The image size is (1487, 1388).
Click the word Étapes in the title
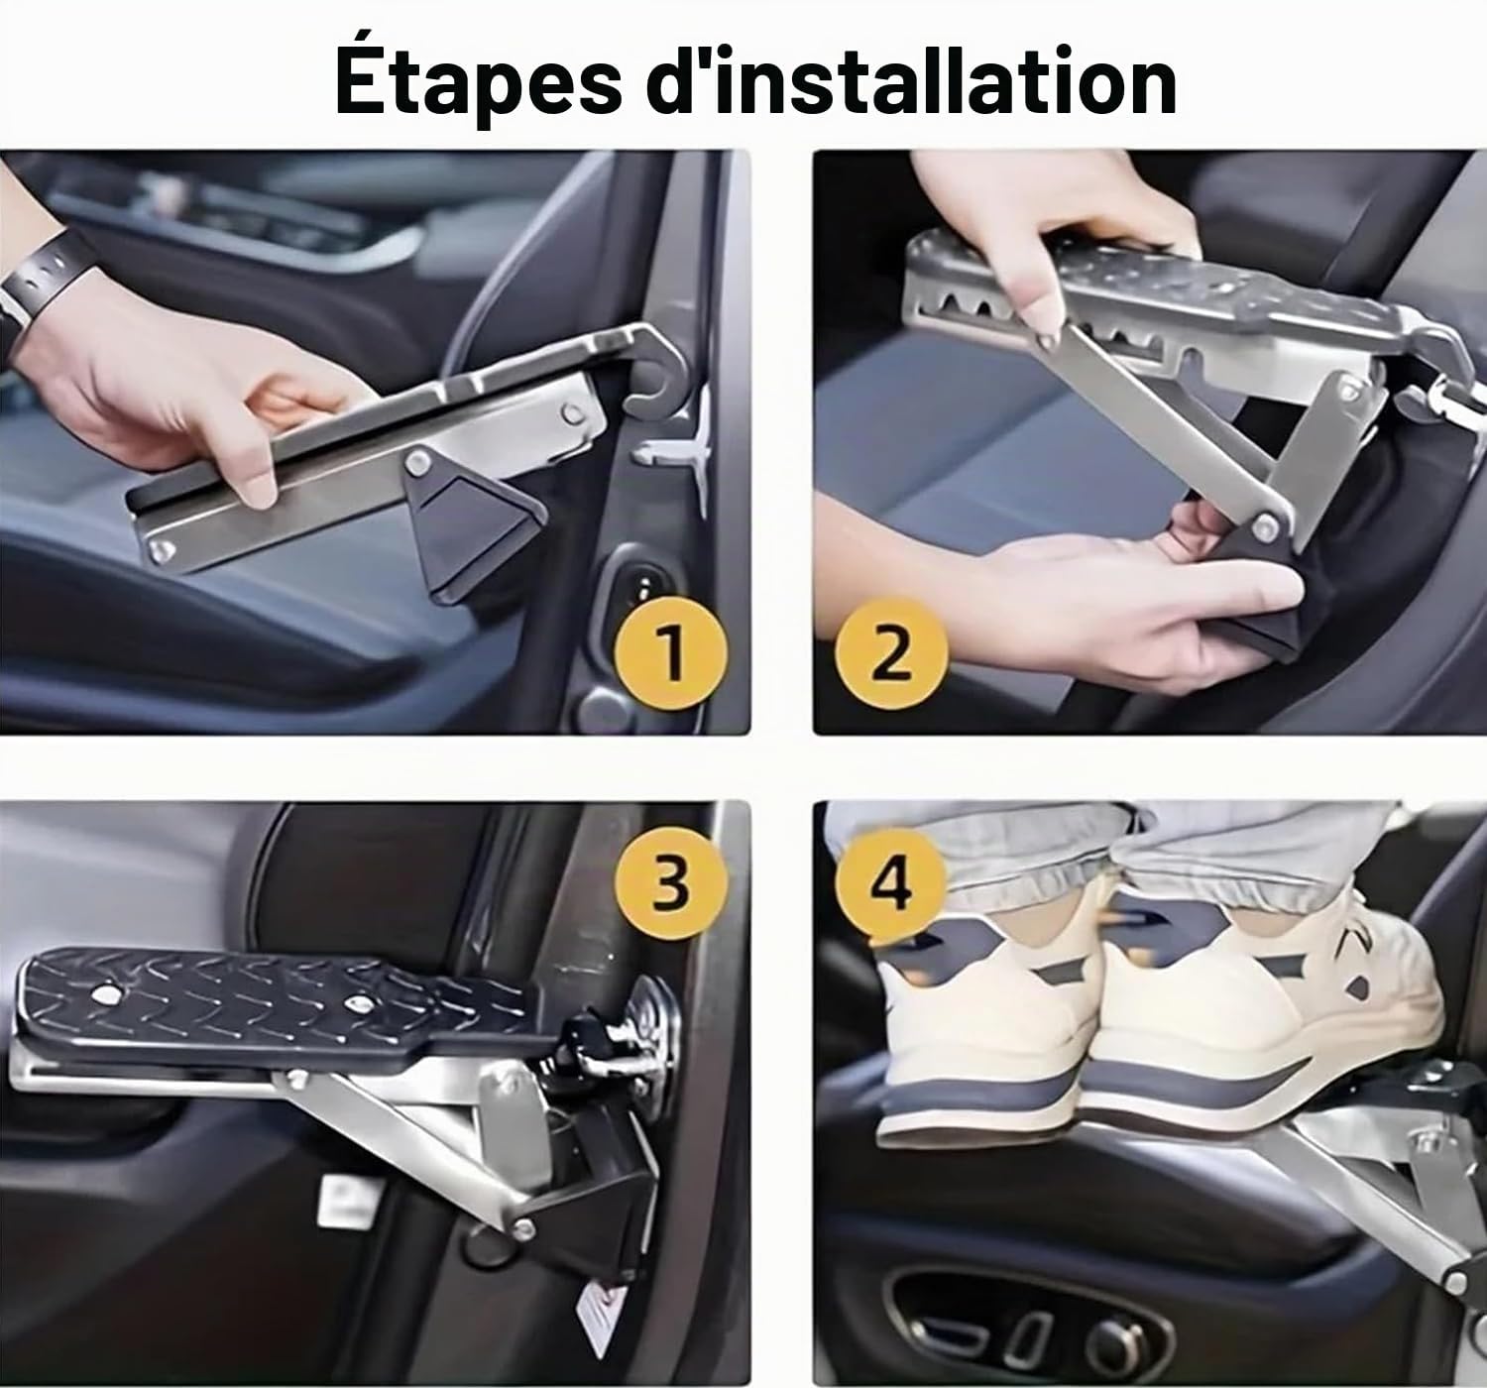(478, 81)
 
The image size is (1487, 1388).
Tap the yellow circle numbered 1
(670, 653)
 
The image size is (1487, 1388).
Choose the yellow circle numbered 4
(892, 883)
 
